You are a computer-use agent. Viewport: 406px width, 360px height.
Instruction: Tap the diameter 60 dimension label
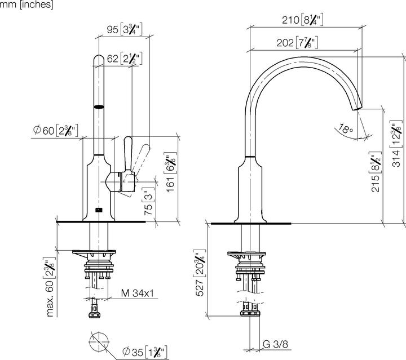click(x=55, y=131)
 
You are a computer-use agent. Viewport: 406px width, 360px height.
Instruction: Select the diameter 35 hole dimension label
click(x=144, y=352)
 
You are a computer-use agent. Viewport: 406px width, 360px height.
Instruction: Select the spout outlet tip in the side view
click(x=358, y=107)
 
